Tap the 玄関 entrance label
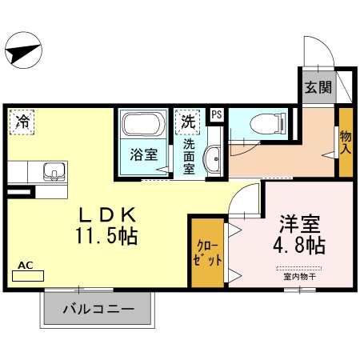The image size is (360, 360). click(314, 87)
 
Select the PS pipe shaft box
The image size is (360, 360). click(216, 115)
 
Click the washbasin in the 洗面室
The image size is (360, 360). click(213, 159)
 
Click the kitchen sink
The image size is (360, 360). click(54, 171)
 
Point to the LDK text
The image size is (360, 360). click(110, 215)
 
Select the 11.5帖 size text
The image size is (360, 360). click(110, 237)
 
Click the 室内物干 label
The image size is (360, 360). click(299, 277)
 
